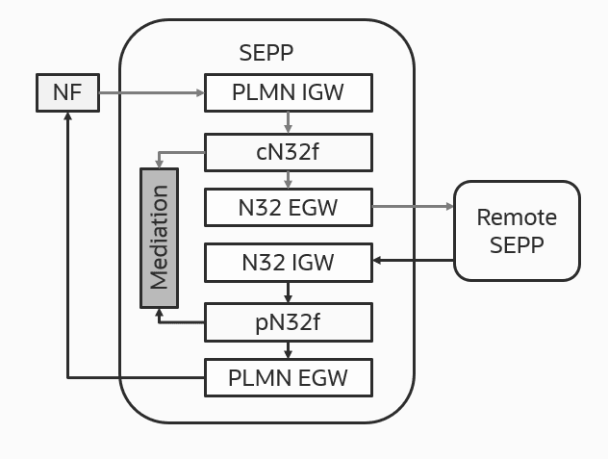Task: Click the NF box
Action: click(68, 93)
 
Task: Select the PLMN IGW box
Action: click(288, 93)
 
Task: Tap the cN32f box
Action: click(288, 150)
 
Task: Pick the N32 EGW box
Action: click(288, 206)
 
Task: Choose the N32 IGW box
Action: click(288, 263)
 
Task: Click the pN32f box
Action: click(288, 321)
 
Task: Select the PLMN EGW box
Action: click(288, 377)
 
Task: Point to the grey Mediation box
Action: click(159, 238)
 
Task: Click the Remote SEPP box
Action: click(517, 231)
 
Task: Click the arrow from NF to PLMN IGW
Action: click(152, 93)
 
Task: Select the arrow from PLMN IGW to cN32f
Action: click(288, 122)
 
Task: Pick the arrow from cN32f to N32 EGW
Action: click(288, 178)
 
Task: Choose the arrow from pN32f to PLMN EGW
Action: click(288, 349)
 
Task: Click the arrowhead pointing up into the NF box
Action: click(68, 116)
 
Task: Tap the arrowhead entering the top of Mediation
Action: click(159, 165)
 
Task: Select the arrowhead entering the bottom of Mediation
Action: click(159, 312)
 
